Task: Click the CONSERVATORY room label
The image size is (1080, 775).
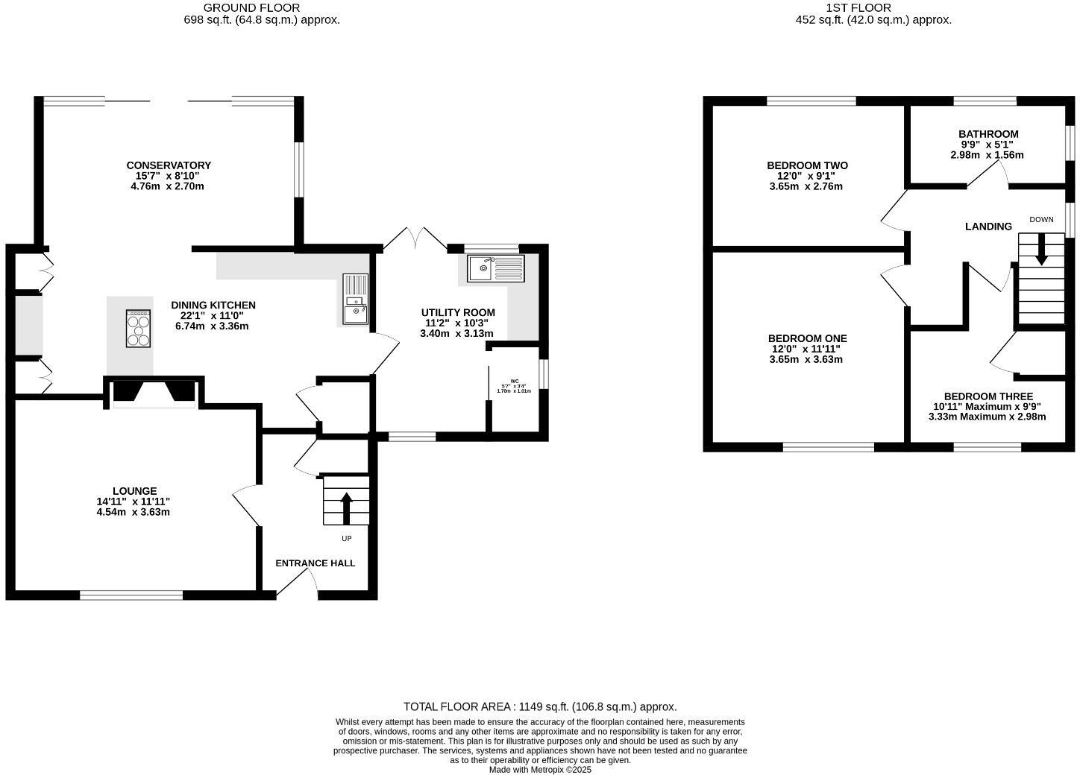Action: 169,165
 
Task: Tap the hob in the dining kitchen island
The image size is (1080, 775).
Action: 138,328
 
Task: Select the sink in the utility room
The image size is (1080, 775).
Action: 496,268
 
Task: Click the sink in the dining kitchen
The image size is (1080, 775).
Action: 356,300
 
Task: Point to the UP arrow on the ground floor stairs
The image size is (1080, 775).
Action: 346,508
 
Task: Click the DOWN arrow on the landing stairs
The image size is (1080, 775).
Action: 1041,250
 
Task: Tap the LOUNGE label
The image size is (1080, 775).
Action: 134,491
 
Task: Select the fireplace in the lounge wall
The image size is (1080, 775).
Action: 154,392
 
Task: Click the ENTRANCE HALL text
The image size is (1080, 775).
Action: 315,563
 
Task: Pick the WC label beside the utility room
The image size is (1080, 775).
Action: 515,381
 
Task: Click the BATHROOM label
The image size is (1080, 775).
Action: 988,134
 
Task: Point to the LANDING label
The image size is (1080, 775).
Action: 988,227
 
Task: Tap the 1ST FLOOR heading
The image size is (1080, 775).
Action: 847,7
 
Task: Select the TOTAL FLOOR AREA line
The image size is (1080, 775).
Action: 540,706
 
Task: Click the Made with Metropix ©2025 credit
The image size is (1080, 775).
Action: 540,770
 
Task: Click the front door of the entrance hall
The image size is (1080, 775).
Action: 297,589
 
